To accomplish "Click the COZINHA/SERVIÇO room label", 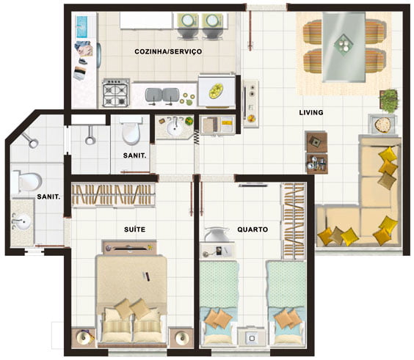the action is pyautogui.click(x=168, y=51).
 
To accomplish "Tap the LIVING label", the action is pyautogui.click(x=311, y=113).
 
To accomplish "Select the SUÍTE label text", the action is pyautogui.click(x=134, y=229).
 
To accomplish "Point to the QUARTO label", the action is pyautogui.click(x=253, y=229).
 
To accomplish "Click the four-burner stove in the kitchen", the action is pyautogui.click(x=116, y=93).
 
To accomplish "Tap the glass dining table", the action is pyautogui.click(x=344, y=47).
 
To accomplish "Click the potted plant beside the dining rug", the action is pyautogui.click(x=388, y=100).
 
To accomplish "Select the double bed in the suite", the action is pyautogui.click(x=131, y=299).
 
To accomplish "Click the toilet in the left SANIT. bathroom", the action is pyautogui.click(x=27, y=182).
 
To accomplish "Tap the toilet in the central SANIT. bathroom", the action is pyautogui.click(x=131, y=131).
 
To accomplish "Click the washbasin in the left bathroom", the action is pyautogui.click(x=22, y=221).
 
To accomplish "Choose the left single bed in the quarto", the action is pyautogui.click(x=219, y=304).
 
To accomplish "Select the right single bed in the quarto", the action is pyautogui.click(x=287, y=304).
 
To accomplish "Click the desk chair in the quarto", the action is pyautogui.click(x=217, y=234).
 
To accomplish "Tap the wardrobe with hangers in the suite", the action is pyautogui.click(x=113, y=194).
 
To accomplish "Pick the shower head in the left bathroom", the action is pyautogui.click(x=30, y=141).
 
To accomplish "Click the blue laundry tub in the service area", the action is pyautogui.click(x=81, y=27).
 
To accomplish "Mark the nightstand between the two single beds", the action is pyautogui.click(x=252, y=337).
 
